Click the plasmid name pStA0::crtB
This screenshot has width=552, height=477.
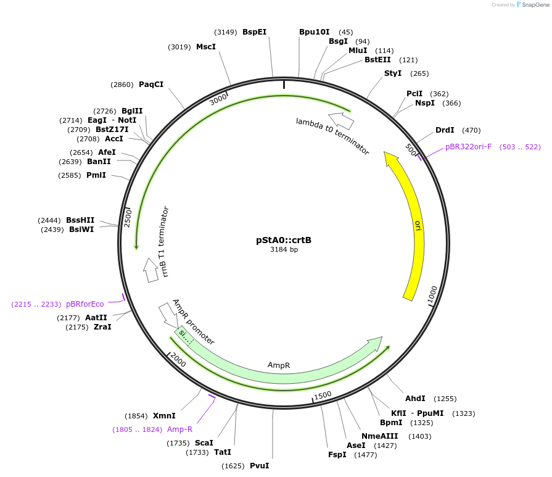coord(284,239)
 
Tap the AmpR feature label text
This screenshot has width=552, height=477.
coord(279,365)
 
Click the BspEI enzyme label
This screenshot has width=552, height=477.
coord(254,32)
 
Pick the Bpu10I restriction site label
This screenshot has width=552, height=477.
coord(315,32)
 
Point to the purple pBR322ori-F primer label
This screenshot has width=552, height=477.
coord(469,147)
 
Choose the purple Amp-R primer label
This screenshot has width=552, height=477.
coord(180,429)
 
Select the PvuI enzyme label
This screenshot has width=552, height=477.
coord(260,466)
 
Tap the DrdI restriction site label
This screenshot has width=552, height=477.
coord(445,130)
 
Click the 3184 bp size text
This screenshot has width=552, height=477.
coord(284,250)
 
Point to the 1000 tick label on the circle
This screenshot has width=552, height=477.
coord(433,294)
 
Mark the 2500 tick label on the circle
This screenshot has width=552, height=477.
coord(128,217)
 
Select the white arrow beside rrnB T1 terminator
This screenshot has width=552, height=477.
coord(150,270)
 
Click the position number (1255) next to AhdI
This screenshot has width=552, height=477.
coord(445,399)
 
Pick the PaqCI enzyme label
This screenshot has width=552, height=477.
coord(151,85)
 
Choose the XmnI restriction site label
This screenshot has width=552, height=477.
coord(165,416)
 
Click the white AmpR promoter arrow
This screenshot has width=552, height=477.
coord(168,314)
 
